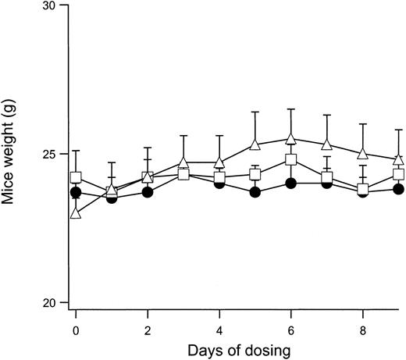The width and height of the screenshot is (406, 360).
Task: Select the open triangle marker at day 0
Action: [76, 212]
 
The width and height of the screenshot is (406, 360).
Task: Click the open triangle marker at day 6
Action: [290, 139]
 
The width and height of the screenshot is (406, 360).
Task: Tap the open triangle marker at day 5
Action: [255, 144]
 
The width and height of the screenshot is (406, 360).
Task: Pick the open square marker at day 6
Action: [290, 160]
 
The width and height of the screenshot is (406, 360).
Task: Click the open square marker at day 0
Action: [76, 177]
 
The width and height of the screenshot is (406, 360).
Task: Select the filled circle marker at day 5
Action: [255, 192]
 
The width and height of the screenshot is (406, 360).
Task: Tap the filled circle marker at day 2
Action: [147, 192]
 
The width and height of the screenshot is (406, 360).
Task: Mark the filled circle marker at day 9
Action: [398, 189]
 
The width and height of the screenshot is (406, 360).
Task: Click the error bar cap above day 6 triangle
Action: [290, 109]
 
